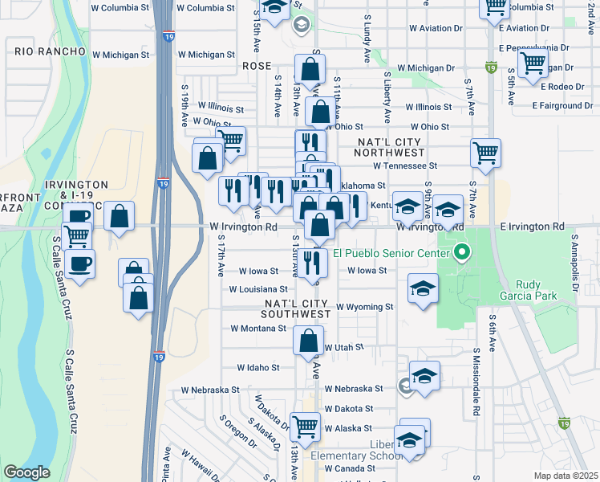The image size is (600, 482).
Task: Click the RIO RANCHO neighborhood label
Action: [50, 51]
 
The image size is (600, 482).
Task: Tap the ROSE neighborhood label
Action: [257, 66]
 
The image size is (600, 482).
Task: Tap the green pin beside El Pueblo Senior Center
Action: [461, 255]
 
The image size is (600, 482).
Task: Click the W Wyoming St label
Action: [364, 307]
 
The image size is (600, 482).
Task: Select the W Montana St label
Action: [258, 329]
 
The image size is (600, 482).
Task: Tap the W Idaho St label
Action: [257, 367]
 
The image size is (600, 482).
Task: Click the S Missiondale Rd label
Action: [476, 382]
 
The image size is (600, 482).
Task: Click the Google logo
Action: [26, 472]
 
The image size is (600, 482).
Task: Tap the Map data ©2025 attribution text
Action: [566, 476]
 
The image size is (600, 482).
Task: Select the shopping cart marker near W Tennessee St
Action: [485, 153]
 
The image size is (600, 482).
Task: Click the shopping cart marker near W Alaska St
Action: [304, 427]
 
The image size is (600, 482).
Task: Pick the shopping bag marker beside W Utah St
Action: [309, 340]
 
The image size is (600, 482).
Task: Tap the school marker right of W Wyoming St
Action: [423, 289]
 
